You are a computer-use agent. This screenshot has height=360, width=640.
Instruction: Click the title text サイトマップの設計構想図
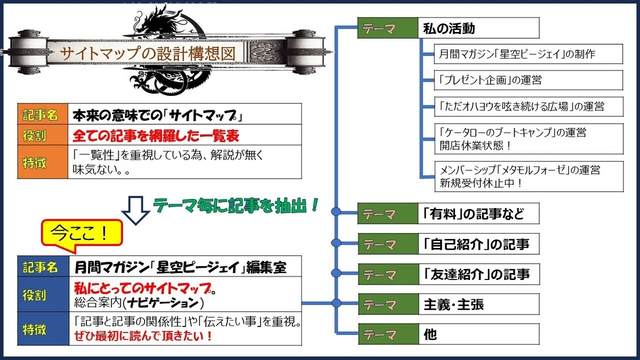click(148, 54)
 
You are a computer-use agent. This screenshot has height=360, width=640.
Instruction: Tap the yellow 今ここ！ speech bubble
click(82, 234)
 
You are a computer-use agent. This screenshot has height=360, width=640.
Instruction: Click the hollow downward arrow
click(135, 211)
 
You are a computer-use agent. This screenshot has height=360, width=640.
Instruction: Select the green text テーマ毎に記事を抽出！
click(236, 205)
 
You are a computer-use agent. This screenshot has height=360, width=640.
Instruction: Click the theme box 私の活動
click(449, 28)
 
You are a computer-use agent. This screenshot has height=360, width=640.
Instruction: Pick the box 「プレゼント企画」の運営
click(529, 81)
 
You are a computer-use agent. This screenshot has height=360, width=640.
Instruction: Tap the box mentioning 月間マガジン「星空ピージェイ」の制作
click(529, 54)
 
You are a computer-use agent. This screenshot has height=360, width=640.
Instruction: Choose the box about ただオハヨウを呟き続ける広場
click(529, 107)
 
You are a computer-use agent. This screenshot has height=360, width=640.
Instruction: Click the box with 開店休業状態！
click(529, 139)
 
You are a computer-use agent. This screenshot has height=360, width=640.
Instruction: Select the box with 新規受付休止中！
click(529, 177)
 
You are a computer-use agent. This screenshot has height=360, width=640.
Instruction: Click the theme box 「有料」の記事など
click(449, 213)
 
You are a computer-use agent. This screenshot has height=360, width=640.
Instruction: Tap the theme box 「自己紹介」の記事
click(449, 244)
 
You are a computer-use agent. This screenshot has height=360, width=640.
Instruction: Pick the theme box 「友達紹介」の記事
click(449, 274)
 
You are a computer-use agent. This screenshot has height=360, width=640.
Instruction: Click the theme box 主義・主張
click(449, 305)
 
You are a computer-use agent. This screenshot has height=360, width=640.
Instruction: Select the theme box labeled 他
click(449, 334)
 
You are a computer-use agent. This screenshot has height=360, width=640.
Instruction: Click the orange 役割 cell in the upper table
click(43, 135)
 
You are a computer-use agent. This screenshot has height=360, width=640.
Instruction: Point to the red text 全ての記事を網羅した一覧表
click(156, 135)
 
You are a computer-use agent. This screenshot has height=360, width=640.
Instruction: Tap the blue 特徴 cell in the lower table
click(43, 329)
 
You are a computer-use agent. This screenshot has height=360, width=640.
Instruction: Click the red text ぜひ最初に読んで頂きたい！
click(143, 335)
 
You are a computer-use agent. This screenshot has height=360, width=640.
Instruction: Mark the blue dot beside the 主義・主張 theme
click(337, 303)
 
